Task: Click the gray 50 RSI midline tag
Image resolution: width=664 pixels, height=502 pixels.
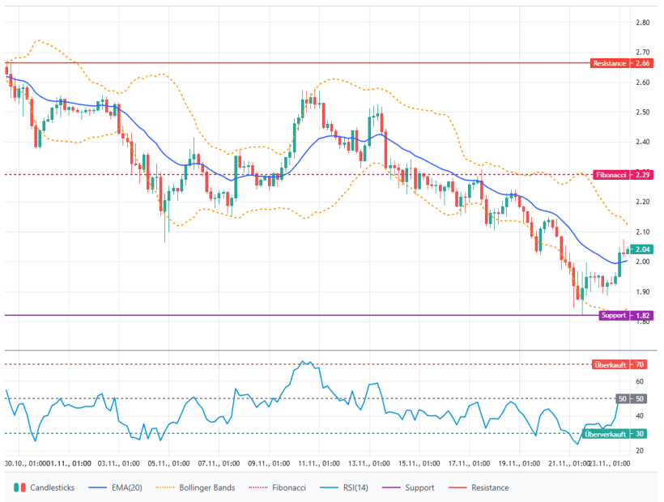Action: pos(622,398)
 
